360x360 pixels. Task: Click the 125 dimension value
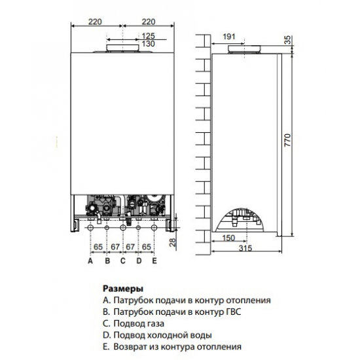149,34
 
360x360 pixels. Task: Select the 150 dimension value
228,238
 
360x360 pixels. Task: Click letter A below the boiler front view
90,261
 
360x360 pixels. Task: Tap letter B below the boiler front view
106,261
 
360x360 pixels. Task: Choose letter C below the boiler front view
122,261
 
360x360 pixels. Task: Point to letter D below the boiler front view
139,261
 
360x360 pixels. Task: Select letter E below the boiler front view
154,261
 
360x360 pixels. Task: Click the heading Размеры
123,288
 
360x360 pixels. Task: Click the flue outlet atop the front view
123,48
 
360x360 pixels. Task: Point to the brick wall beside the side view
202,144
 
